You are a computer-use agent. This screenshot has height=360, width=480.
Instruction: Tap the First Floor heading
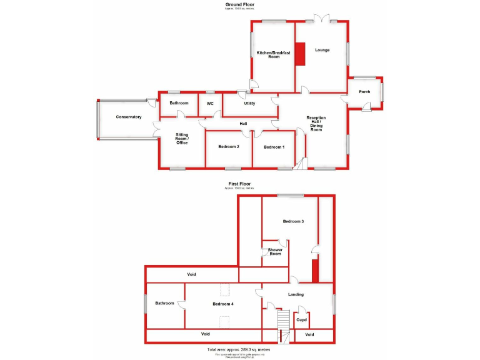pos(241,184)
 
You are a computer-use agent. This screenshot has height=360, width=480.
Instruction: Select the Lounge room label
pos(322,50)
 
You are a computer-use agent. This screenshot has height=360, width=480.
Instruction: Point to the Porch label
pos(364,92)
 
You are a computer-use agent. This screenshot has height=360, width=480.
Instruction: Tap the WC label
pos(210,103)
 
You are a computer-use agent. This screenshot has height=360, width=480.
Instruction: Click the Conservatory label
pos(128,117)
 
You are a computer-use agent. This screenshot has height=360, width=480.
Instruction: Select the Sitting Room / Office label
pos(182,139)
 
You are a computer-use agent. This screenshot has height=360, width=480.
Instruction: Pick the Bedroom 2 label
pos(229,147)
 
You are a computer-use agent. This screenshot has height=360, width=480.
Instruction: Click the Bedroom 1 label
pos(274,147)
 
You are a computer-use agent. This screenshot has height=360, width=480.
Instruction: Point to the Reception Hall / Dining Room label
pos(316,123)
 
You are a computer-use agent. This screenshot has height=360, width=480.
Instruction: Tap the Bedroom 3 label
pos(293,221)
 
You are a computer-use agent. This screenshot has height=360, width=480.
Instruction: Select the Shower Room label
pos(275,252)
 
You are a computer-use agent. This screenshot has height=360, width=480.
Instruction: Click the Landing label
pos(296,294)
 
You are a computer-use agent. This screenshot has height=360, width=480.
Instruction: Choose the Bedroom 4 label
pos(222,304)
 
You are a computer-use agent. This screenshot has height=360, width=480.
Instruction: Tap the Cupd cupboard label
pos(301,320)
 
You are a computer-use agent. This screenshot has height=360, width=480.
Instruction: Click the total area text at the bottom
pos(239,349)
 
